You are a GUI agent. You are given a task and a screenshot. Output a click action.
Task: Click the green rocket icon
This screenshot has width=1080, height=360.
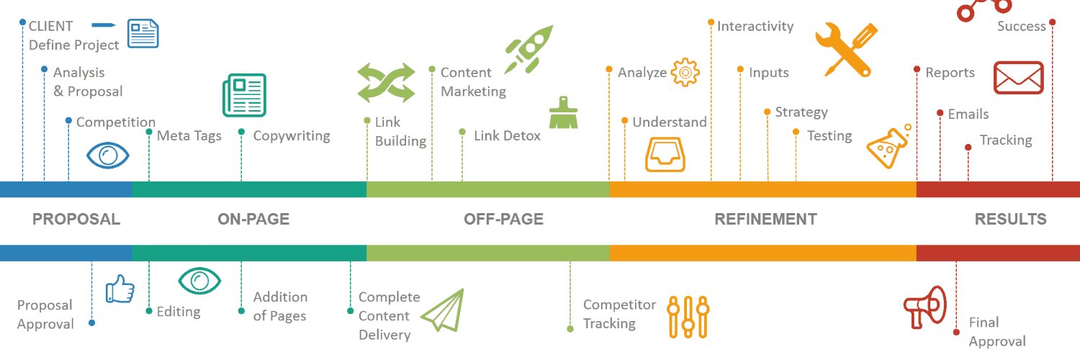529,49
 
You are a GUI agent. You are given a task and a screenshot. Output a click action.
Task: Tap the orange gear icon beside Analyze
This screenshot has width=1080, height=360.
685,72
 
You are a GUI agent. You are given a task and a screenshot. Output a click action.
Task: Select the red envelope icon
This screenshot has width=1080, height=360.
1018,78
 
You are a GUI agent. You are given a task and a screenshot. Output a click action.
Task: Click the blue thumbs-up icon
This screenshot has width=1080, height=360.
120,289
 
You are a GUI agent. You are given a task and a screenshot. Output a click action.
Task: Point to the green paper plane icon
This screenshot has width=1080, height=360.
443,310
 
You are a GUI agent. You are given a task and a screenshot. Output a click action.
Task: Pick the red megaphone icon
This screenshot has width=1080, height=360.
924,307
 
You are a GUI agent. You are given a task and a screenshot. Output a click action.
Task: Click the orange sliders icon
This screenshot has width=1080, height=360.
688,317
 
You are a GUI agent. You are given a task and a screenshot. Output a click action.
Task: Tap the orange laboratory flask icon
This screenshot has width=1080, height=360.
888,146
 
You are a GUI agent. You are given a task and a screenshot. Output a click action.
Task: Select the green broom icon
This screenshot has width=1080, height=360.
563,113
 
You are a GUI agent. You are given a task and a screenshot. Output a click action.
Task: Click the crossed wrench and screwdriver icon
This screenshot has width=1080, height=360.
846,49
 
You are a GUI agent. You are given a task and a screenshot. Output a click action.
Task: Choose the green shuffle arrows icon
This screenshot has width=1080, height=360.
386,82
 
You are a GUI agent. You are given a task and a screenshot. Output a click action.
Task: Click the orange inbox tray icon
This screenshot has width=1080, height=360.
665,154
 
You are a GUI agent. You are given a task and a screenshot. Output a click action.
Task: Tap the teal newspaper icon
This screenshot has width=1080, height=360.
245,95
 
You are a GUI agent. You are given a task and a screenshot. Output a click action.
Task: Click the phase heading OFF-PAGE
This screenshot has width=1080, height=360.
503,220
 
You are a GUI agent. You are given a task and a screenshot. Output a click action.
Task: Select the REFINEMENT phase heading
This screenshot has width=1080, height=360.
765,220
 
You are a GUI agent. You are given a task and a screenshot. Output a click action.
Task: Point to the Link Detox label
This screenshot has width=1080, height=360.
507,135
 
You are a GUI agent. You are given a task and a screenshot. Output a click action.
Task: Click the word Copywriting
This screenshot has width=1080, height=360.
292,136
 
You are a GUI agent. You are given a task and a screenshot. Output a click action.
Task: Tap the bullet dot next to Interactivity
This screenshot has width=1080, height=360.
711,22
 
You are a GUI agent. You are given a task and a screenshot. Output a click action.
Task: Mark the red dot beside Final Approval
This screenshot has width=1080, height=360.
956,333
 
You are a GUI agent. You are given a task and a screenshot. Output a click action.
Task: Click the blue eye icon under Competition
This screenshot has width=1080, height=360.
107,156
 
